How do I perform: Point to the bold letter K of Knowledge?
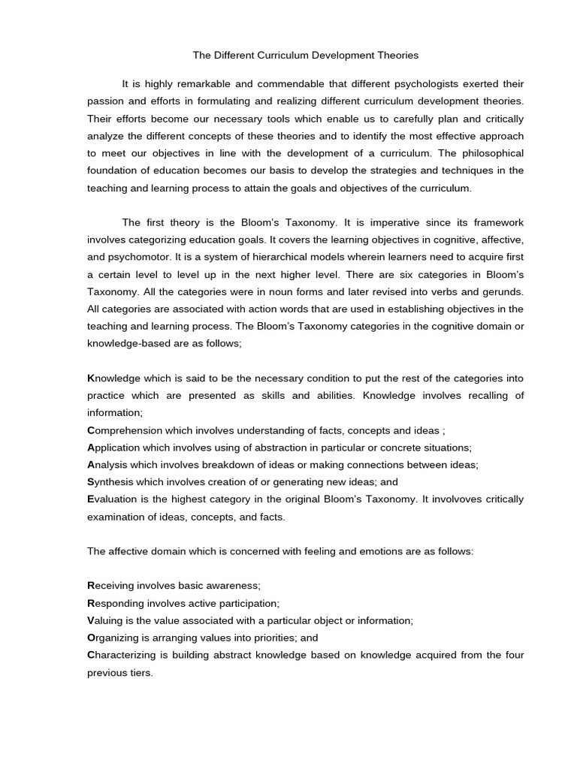coord(91,378)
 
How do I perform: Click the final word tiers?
coord(140,673)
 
